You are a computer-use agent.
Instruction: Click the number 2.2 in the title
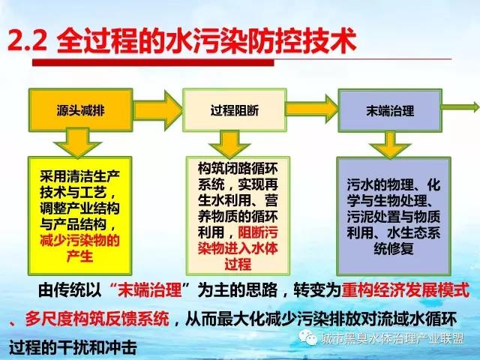(x=28, y=40)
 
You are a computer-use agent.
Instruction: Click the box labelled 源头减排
(x=80, y=110)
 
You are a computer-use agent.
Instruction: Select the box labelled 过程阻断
(x=235, y=110)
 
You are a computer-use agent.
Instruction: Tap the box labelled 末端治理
(x=390, y=110)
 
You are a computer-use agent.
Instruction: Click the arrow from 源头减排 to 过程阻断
(x=158, y=110)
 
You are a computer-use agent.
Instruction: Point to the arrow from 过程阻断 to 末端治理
(x=312, y=109)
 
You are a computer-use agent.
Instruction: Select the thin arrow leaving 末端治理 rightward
(x=460, y=107)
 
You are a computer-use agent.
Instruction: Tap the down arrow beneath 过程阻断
(x=230, y=145)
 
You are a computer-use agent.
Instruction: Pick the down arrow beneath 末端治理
(x=390, y=145)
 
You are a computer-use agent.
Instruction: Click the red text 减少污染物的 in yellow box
(x=79, y=241)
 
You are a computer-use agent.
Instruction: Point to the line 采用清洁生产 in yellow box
(x=79, y=177)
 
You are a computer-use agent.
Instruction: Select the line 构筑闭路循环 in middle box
(x=238, y=168)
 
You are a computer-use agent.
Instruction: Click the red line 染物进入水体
(x=238, y=248)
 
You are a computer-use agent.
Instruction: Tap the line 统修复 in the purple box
(x=394, y=248)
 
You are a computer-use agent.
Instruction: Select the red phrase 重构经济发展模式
(x=406, y=290)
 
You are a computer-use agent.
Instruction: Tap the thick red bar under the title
(x=153, y=63)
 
